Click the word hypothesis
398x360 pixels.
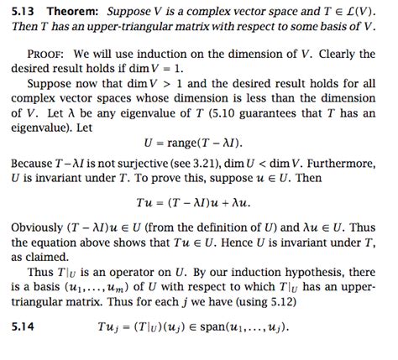(x=299, y=293)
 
